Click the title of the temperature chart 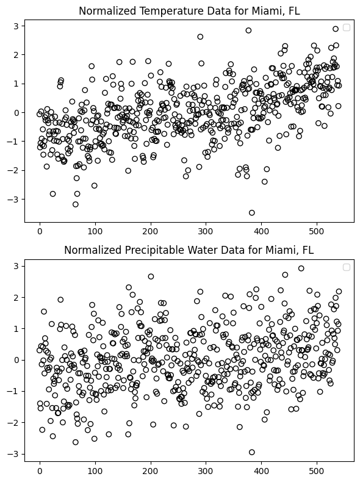(189, 11)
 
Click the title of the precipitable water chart (189, 250)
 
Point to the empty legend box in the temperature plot (347, 27)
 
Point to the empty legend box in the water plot (347, 267)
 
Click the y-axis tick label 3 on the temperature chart (16, 26)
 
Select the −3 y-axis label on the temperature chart (13, 200)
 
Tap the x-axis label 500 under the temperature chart (317, 231)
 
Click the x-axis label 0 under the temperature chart (40, 231)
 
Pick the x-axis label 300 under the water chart (206, 470)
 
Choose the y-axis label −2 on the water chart (13, 423)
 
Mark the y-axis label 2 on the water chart (16, 298)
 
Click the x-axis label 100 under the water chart (95, 470)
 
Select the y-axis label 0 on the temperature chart (16, 113)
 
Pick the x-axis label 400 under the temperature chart (261, 231)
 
